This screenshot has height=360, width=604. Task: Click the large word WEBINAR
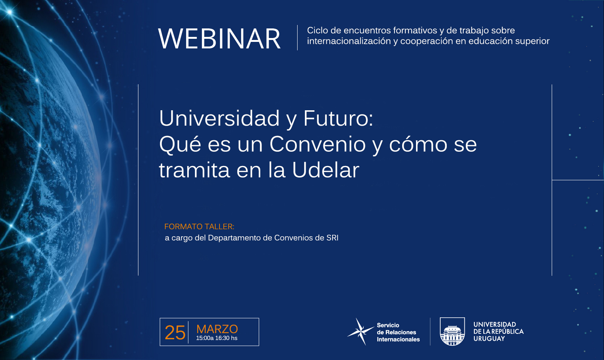click(219, 39)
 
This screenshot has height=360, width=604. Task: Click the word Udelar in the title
click(326, 170)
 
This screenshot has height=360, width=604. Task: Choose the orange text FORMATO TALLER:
click(199, 227)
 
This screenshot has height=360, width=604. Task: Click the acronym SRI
click(332, 238)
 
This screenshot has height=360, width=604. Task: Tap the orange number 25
click(175, 332)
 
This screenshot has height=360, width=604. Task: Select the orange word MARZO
click(217, 329)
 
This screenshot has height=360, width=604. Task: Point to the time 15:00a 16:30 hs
click(216, 338)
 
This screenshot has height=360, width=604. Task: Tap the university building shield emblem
click(452, 332)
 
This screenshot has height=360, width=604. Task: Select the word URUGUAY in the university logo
click(489, 339)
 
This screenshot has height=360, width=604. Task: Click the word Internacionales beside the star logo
click(398, 340)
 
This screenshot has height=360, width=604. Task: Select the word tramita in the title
click(195, 170)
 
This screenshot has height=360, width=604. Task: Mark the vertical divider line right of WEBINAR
click(298, 38)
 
